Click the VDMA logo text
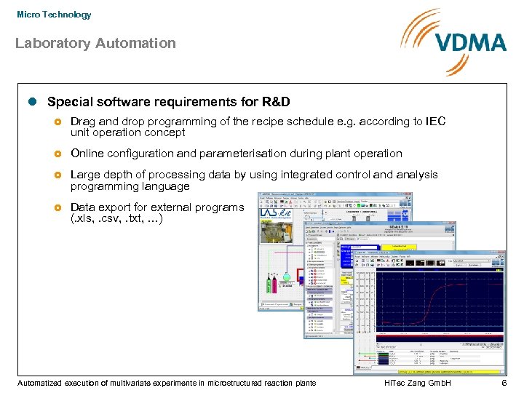[469, 41]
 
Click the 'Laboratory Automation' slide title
[95, 43]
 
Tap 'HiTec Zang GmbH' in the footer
[417, 383]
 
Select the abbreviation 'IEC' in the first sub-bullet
[434, 122]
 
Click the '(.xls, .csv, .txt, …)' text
[116, 218]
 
